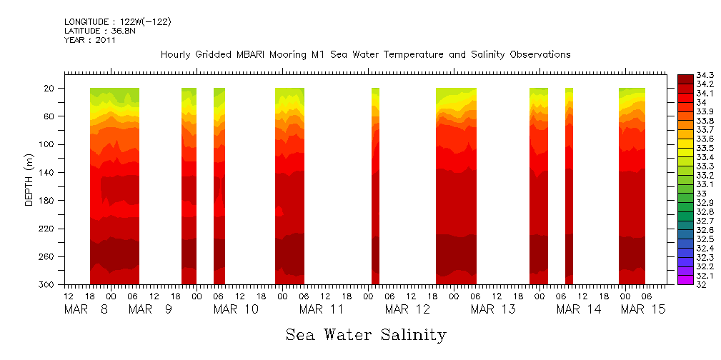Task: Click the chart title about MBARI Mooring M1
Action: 365,54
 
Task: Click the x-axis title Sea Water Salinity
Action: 366,334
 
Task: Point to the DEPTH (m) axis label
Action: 29,182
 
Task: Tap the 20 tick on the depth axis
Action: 50,89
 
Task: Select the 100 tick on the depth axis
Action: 48,144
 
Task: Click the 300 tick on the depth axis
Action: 48,285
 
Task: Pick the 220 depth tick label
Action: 48,229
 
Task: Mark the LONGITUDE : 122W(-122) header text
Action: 117,22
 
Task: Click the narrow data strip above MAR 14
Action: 569,186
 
